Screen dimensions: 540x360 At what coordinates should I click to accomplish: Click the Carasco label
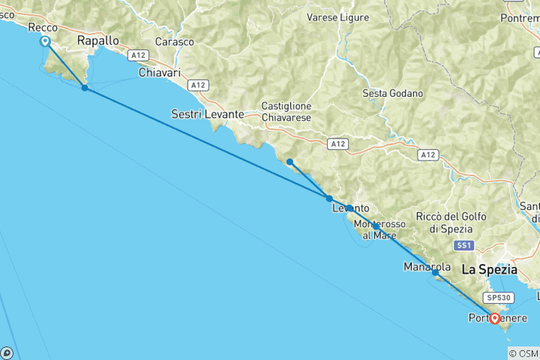(x=172, y=42)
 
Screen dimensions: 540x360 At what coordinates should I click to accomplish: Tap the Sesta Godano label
(x=392, y=94)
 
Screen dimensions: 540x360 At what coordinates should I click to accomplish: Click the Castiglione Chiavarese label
(x=286, y=111)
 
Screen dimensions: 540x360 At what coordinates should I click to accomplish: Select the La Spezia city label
(x=489, y=268)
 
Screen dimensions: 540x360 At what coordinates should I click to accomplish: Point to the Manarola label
(x=427, y=266)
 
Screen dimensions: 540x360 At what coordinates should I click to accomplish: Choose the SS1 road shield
(x=463, y=246)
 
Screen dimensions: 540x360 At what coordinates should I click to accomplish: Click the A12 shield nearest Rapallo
(x=136, y=55)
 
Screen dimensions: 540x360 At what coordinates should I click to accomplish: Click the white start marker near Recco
(x=46, y=42)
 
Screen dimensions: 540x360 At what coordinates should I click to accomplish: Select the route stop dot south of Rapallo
(x=85, y=88)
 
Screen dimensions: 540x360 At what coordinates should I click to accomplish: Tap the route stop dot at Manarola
(x=435, y=273)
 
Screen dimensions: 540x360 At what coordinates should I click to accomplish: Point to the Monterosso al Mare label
(x=379, y=229)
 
